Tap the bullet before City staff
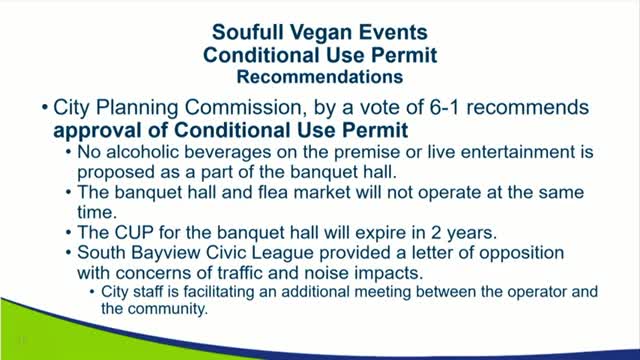(94, 293)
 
